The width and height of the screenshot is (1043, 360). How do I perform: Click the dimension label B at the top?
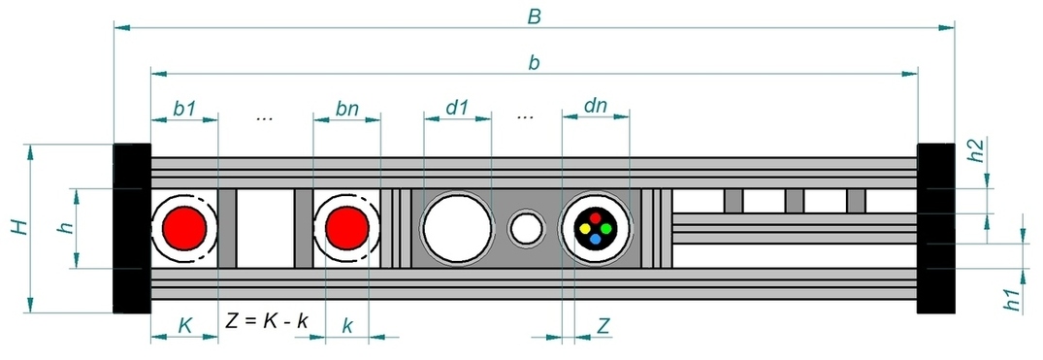(x=535, y=16)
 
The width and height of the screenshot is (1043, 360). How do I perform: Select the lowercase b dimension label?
(x=534, y=62)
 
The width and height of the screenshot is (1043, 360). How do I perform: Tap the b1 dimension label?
(x=184, y=109)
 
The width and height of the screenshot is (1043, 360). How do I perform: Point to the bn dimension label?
(x=346, y=109)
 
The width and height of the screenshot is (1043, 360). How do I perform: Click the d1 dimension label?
(x=457, y=107)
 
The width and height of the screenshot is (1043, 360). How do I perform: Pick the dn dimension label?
(x=596, y=106)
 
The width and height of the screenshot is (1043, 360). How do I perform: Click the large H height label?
(x=20, y=228)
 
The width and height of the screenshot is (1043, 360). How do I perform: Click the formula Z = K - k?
(x=267, y=321)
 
